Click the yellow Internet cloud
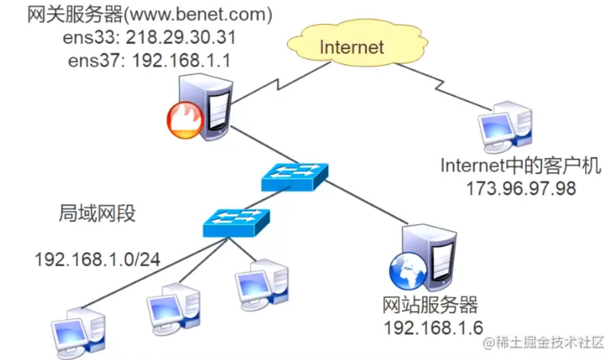pyautogui.click(x=357, y=43)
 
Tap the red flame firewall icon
pyautogui.click(x=185, y=120)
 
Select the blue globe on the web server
pyautogui.click(x=408, y=271)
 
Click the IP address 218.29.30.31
pyautogui.click(x=181, y=37)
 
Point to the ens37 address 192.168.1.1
pyautogui.click(x=182, y=61)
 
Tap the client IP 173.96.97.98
pyautogui.click(x=521, y=188)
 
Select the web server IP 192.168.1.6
pyautogui.click(x=433, y=328)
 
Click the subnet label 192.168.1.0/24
pyautogui.click(x=97, y=260)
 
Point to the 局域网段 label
pyautogui.click(x=97, y=213)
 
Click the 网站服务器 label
pyautogui.click(x=430, y=305)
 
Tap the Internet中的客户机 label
pyautogui.click(x=521, y=166)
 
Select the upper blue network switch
pyautogui.click(x=295, y=177)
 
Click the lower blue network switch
pyautogui.click(x=236, y=223)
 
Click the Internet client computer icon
pyautogui.click(x=505, y=127)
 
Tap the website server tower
pyautogui.click(x=429, y=258)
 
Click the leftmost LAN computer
pyautogui.click(x=78, y=333)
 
